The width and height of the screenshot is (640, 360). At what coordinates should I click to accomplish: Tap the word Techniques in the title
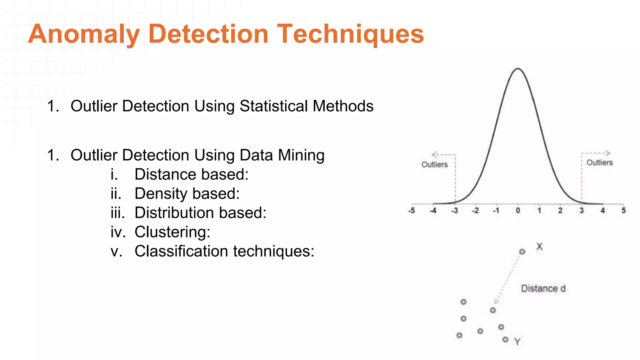[x=350, y=34]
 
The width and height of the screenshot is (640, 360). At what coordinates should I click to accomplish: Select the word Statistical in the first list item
[x=275, y=106]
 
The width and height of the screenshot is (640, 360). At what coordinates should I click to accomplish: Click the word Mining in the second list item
[x=301, y=155]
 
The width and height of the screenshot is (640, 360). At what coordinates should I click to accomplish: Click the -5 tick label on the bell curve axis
[x=412, y=211]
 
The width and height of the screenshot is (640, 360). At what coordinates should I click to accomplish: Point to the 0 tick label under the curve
[x=518, y=211]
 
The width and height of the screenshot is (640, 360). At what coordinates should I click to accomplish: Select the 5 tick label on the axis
[x=623, y=211]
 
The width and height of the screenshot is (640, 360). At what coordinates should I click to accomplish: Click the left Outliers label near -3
[x=434, y=165]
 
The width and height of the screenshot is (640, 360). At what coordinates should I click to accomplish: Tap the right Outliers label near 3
[x=599, y=162]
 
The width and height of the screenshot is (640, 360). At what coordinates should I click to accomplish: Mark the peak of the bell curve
[x=518, y=68]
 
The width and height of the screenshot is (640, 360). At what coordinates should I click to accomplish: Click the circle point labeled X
[x=522, y=252]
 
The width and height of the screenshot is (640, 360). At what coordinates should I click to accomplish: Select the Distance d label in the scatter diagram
[x=543, y=288]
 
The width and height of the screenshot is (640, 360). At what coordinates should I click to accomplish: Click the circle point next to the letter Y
[x=505, y=339]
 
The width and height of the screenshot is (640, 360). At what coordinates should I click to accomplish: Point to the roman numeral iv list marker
[x=118, y=232]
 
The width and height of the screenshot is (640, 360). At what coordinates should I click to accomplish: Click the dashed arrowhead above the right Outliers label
[x=607, y=153]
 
